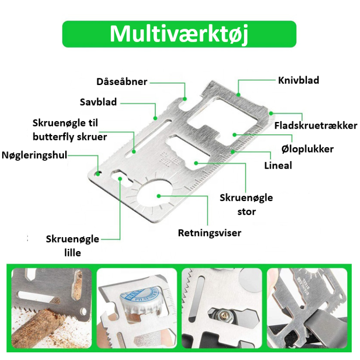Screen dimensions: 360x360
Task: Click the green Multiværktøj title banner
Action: (179, 34)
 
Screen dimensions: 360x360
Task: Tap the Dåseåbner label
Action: (121, 82)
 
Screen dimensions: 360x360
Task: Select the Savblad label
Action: (98, 102)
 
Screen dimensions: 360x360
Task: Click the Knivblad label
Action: (298, 81)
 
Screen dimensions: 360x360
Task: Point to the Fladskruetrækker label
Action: (316, 126)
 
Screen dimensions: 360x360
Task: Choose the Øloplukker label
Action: (307, 149)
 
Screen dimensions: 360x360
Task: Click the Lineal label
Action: (278, 166)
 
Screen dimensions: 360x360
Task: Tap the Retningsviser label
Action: (210, 233)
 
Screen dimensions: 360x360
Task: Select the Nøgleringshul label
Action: (35, 155)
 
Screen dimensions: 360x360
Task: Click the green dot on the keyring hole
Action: (98, 174)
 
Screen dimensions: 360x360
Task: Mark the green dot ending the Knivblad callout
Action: (238, 94)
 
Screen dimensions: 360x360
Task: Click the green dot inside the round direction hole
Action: (159, 196)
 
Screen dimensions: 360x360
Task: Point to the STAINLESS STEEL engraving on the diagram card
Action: (171, 159)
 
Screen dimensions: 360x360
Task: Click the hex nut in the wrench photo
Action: (223, 316)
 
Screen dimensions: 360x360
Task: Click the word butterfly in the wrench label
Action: (53, 137)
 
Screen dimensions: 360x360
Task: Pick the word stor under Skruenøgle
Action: (246, 212)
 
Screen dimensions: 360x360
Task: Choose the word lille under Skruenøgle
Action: (72, 253)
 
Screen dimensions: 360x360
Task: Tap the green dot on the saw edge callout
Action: (155, 118)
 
